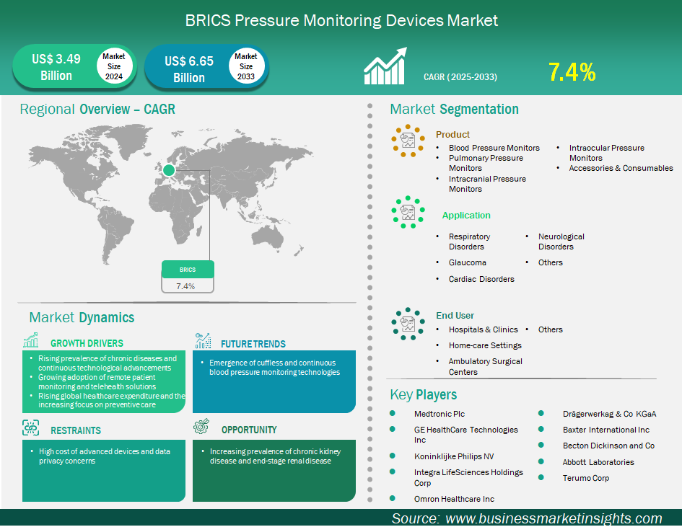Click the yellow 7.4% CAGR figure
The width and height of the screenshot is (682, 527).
[572, 72]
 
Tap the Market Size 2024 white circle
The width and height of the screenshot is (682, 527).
[114, 66]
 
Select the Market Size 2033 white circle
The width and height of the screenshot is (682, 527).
[246, 66]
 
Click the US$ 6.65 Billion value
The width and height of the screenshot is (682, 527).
[189, 69]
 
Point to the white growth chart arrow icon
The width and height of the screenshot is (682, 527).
[385, 66]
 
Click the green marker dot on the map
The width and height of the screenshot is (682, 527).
[169, 170]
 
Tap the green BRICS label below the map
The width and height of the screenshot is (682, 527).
[188, 270]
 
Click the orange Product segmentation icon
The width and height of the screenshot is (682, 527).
[408, 141]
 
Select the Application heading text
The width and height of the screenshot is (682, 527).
[466, 215]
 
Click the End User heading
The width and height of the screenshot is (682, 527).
[455, 316]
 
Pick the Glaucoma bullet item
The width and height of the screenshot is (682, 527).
[468, 262]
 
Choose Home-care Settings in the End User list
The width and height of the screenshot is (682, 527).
[485, 345]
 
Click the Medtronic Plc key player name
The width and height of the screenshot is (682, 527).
[440, 414]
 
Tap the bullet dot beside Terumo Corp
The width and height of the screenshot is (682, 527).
[541, 477]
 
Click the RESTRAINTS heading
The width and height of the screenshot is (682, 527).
[76, 430]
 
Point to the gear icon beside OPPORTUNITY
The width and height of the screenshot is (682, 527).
[201, 427]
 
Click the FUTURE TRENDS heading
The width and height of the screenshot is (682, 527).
[253, 344]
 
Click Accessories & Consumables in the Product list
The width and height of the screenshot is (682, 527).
[621, 168]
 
